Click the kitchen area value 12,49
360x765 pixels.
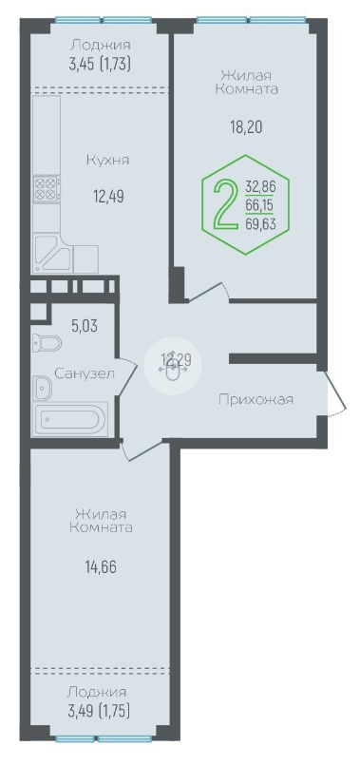click(109, 197)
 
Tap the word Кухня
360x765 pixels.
click(107, 160)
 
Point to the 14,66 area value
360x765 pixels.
click(101, 568)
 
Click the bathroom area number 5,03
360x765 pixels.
click(85, 326)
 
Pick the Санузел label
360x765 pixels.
click(85, 374)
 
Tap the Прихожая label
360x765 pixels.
click(256, 400)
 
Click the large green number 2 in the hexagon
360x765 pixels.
click(223, 204)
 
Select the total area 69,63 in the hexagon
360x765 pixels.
click(260, 224)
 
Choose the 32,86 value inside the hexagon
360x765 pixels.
click(260, 186)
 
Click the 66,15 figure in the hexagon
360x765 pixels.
click(260, 205)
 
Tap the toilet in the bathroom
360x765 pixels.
click(47, 343)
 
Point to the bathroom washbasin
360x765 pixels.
click(44, 389)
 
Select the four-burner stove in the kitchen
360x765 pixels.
click(47, 188)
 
